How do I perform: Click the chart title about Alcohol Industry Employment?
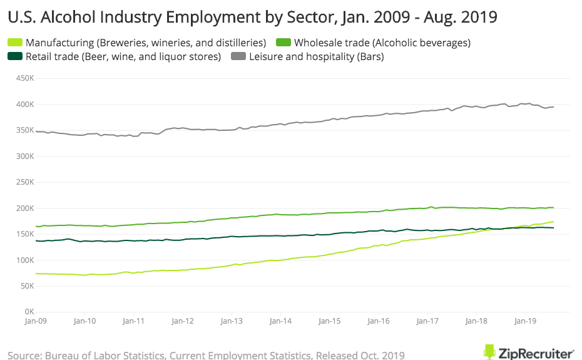252,17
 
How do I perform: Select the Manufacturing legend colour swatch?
14,43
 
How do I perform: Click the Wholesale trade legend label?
382,43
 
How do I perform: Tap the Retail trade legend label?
123,56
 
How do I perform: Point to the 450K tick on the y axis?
24,78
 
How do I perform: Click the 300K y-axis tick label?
24,156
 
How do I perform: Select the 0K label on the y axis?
29,312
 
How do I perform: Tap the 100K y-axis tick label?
24,260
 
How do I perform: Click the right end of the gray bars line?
553,107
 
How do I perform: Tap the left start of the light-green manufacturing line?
36,274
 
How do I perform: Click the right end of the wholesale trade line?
553,208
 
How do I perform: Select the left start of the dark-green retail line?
36,241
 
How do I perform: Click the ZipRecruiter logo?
529,352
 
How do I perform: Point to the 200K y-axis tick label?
24,208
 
